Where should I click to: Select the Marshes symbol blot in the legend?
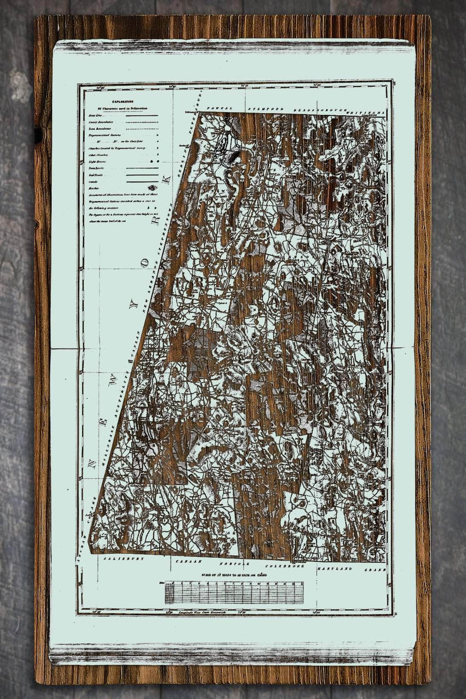click(152, 187)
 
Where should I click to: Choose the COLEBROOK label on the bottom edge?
click(280, 566)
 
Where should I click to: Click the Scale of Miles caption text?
click(235, 575)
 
